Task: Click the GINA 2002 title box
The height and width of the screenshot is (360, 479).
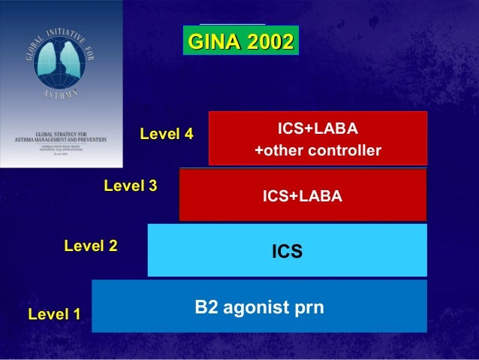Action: (240, 42)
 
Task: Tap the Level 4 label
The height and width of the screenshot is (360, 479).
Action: (166, 135)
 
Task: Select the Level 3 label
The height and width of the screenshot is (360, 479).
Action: (130, 186)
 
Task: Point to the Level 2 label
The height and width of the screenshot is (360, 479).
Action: (91, 245)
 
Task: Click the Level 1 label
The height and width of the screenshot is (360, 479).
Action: (54, 313)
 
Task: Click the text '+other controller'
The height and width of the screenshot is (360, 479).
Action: (318, 151)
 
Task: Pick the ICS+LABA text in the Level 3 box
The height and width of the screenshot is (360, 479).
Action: (302, 196)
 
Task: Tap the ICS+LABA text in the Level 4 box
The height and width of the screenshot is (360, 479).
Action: (318, 127)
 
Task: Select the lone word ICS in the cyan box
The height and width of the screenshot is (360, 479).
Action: (287, 251)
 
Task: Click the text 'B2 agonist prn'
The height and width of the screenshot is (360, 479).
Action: (259, 307)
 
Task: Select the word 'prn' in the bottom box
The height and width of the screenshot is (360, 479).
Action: (308, 308)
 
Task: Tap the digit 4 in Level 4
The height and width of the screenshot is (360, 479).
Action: (188, 135)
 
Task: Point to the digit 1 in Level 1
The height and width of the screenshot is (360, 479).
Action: (76, 313)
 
